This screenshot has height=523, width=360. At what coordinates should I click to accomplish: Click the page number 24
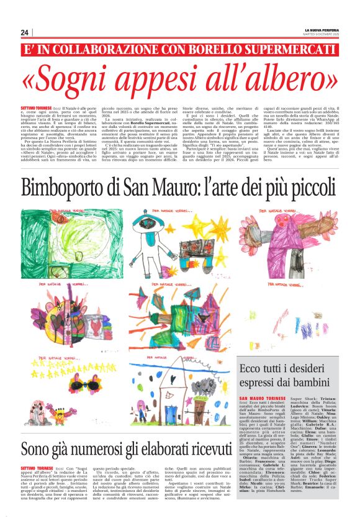pos(25,32)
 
